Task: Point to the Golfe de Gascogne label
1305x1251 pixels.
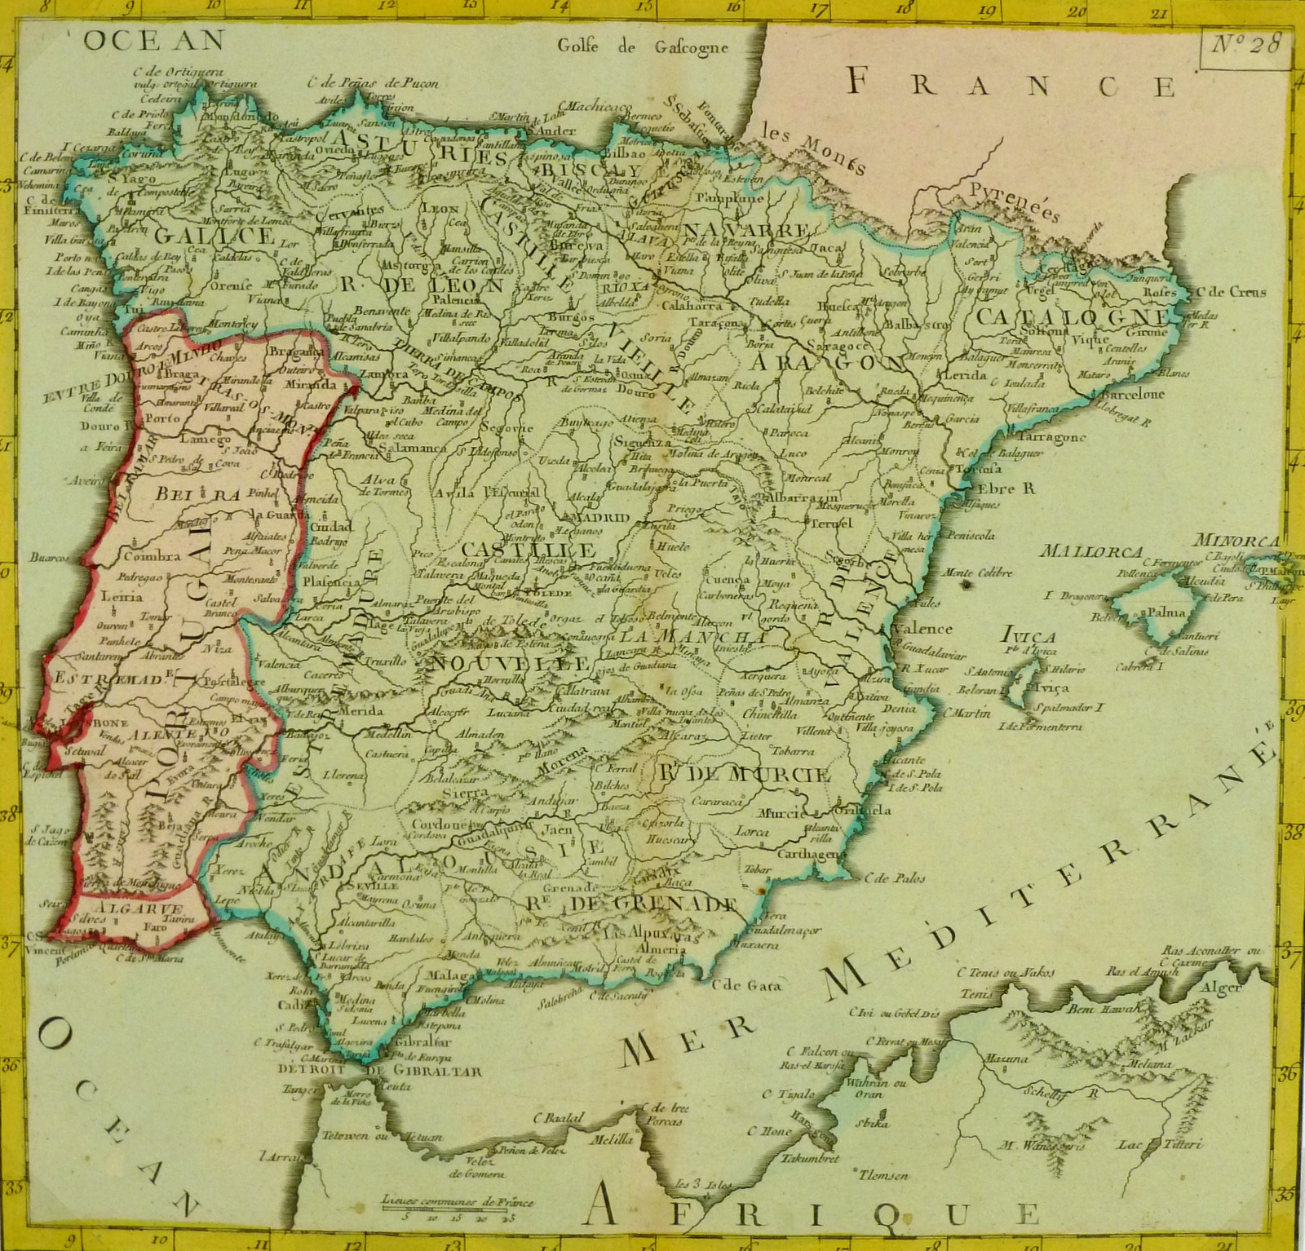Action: [x=643, y=46]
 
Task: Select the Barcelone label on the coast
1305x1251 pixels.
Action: [x=1134, y=394]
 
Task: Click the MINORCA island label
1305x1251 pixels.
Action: [x=1237, y=540]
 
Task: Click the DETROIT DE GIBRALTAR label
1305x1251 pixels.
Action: [x=379, y=1072]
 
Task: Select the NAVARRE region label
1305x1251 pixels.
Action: [x=746, y=230]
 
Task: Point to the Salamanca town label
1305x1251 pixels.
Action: [x=417, y=448]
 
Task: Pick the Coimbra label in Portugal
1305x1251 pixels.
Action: [x=151, y=556]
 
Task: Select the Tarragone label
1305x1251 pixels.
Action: [x=1051, y=436]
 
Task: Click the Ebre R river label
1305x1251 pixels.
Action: [x=1006, y=488]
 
